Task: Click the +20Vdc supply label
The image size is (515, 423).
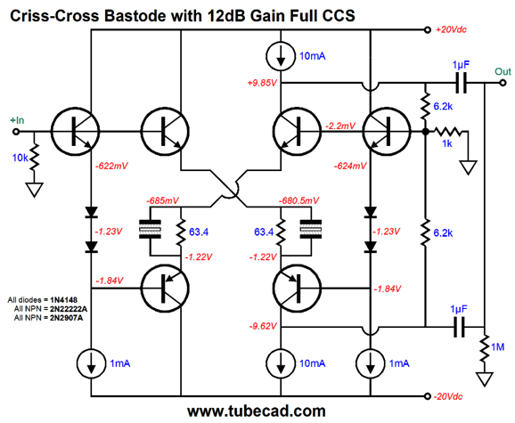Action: [451, 29]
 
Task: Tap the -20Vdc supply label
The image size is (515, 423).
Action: [448, 396]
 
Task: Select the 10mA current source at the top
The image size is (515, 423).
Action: [281, 56]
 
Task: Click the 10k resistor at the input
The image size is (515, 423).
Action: [34, 158]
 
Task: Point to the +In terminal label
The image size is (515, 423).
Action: [17, 120]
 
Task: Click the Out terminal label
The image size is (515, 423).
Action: [503, 71]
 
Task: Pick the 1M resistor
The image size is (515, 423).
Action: [485, 348]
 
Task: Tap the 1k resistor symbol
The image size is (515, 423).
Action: [447, 132]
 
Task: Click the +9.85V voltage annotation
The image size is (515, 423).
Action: [262, 83]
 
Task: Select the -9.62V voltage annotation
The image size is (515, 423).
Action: [263, 326]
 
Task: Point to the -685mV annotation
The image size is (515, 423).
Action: [162, 200]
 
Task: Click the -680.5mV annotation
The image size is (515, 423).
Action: [298, 200]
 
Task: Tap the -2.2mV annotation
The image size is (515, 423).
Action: [340, 126]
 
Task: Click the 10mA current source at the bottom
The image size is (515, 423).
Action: [281, 363]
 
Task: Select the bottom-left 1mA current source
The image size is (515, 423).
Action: [91, 363]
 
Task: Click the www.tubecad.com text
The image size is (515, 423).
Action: [257, 411]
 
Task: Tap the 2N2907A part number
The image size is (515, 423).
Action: [66, 318]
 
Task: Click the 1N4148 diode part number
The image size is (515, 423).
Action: [64, 299]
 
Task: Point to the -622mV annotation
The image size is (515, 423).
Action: [111, 166]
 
